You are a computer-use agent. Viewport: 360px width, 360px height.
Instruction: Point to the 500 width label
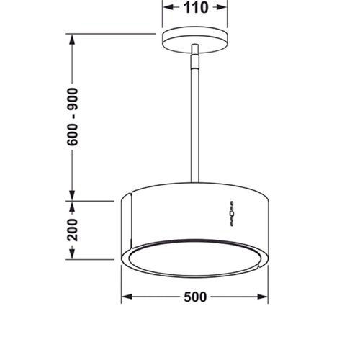(195, 296)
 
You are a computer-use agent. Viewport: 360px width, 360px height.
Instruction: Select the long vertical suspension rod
(194, 122)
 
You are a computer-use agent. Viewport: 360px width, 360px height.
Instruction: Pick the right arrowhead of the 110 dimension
(224, 9)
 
